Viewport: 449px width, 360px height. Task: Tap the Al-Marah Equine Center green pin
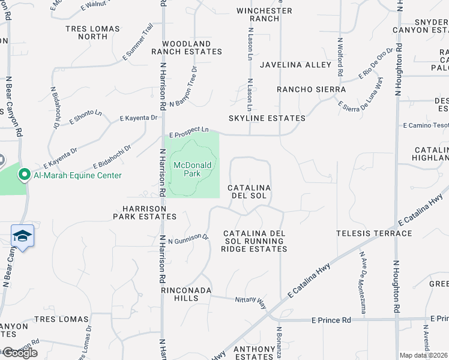coord(25,175)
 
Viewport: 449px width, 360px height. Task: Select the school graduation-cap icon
coord(22,236)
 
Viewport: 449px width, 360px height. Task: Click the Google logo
coord(19,353)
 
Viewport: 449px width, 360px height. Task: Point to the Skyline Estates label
coord(267,118)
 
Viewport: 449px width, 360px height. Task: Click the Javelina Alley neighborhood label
coord(295,65)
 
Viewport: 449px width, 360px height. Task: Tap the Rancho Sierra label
coord(311,89)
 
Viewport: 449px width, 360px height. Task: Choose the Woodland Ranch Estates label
coord(186,48)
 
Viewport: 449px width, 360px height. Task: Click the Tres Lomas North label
coord(92,32)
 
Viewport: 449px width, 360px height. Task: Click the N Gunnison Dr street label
coord(188,239)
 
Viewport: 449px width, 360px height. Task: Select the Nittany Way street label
coord(250,302)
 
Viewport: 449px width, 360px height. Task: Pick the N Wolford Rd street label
coord(340,57)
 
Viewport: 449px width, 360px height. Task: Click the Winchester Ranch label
coord(264,14)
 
